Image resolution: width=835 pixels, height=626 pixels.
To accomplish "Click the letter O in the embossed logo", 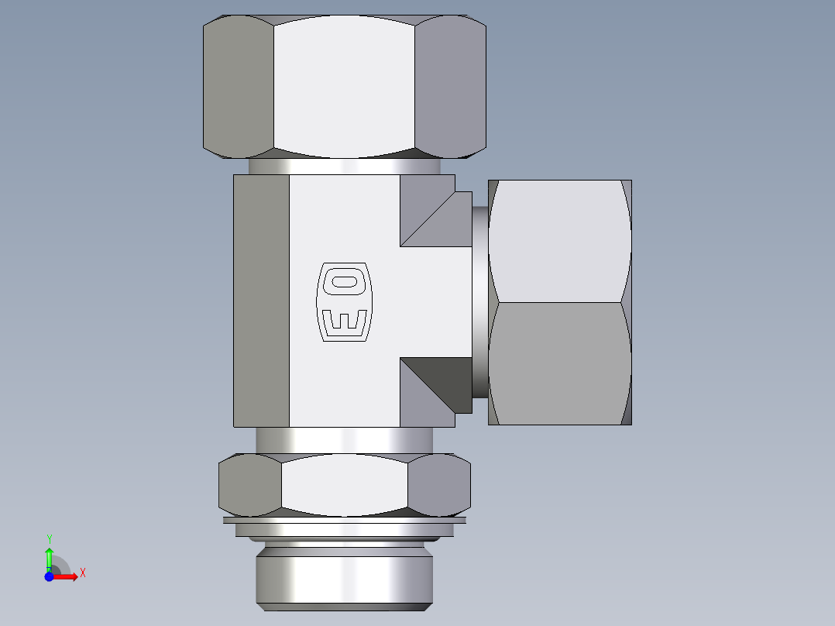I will pyautogui.click(x=344, y=282).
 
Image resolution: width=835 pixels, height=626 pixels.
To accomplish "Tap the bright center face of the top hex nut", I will pyautogui.click(x=344, y=85).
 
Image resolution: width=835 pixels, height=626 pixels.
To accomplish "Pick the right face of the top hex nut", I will pyautogui.click(x=450, y=85).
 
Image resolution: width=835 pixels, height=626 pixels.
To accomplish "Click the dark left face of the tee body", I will pyautogui.click(x=261, y=301).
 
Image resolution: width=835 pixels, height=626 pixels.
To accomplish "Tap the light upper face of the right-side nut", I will pyautogui.click(x=559, y=240).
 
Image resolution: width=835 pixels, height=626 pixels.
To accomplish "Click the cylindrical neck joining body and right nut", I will pyautogui.click(x=479, y=302).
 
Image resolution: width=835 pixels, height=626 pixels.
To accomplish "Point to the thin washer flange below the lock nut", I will pyautogui.click(x=344, y=521).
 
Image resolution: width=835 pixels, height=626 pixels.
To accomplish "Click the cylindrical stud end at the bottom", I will pyautogui.click(x=344, y=577).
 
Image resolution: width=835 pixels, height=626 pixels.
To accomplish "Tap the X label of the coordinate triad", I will pyautogui.click(x=83, y=573).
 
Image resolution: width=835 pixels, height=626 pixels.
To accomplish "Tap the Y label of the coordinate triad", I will pyautogui.click(x=49, y=538).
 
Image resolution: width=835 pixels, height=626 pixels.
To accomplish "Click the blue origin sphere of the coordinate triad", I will pyautogui.click(x=50, y=576).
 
